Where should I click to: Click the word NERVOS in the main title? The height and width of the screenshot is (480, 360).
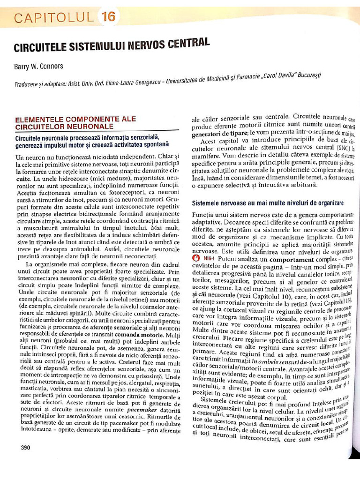[152, 45]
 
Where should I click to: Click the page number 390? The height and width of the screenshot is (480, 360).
[25, 447]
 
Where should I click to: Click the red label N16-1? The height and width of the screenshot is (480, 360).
[209, 259]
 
